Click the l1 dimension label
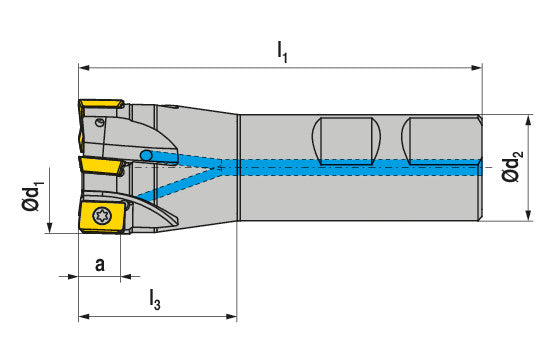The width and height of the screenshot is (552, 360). tap(282, 52)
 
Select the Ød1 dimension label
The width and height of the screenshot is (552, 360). tap(33, 196)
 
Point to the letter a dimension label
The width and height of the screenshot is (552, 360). tap(100, 265)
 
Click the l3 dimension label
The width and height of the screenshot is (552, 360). tap(155, 299)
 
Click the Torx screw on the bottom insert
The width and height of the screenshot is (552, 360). tap(102, 215)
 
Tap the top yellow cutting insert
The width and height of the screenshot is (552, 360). tap(101, 104)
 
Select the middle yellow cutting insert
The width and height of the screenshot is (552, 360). tap(101, 166)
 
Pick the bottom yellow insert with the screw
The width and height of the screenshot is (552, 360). tap(102, 216)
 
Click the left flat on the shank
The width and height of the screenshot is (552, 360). tap(347, 141)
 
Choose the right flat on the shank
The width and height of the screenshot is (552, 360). tap(440, 141)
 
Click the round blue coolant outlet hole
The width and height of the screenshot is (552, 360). tap(146, 155)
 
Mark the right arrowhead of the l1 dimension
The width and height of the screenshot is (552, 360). tap(477, 68)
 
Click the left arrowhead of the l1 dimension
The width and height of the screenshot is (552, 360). tap(84, 68)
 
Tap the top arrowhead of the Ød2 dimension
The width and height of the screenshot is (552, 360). tap(528, 120)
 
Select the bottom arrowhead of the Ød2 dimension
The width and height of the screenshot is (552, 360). tap(528, 215)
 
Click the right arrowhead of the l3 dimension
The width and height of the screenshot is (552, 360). tap(231, 317)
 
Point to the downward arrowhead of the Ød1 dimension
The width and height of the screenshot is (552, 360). tap(49, 227)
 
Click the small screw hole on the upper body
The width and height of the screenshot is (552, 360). tap(100, 123)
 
